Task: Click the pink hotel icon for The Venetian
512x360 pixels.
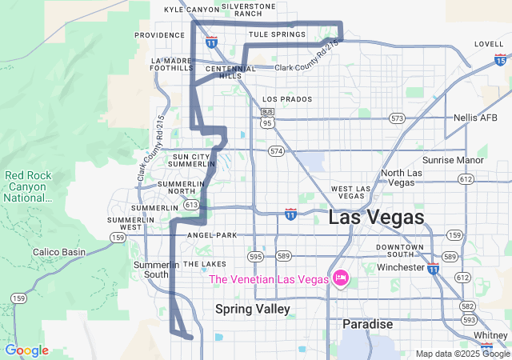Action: (x=341, y=278)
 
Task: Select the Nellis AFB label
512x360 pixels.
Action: (x=475, y=118)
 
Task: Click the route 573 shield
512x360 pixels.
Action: (x=397, y=118)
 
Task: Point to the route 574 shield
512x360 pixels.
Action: (x=277, y=150)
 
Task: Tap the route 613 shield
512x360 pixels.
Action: (x=190, y=205)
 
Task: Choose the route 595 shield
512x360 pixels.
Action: (x=255, y=256)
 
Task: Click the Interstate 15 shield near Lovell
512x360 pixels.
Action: (x=500, y=59)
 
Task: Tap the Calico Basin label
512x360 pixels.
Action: (x=58, y=252)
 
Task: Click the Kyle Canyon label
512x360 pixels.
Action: (x=191, y=10)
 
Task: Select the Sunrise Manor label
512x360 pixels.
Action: (x=453, y=160)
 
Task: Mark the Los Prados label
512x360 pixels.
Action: (x=287, y=99)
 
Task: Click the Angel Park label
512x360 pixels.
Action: (x=212, y=236)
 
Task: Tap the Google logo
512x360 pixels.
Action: (x=26, y=350)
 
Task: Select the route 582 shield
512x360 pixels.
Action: (x=467, y=306)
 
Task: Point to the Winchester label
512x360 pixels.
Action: (x=399, y=267)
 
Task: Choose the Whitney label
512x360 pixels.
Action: (x=490, y=335)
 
